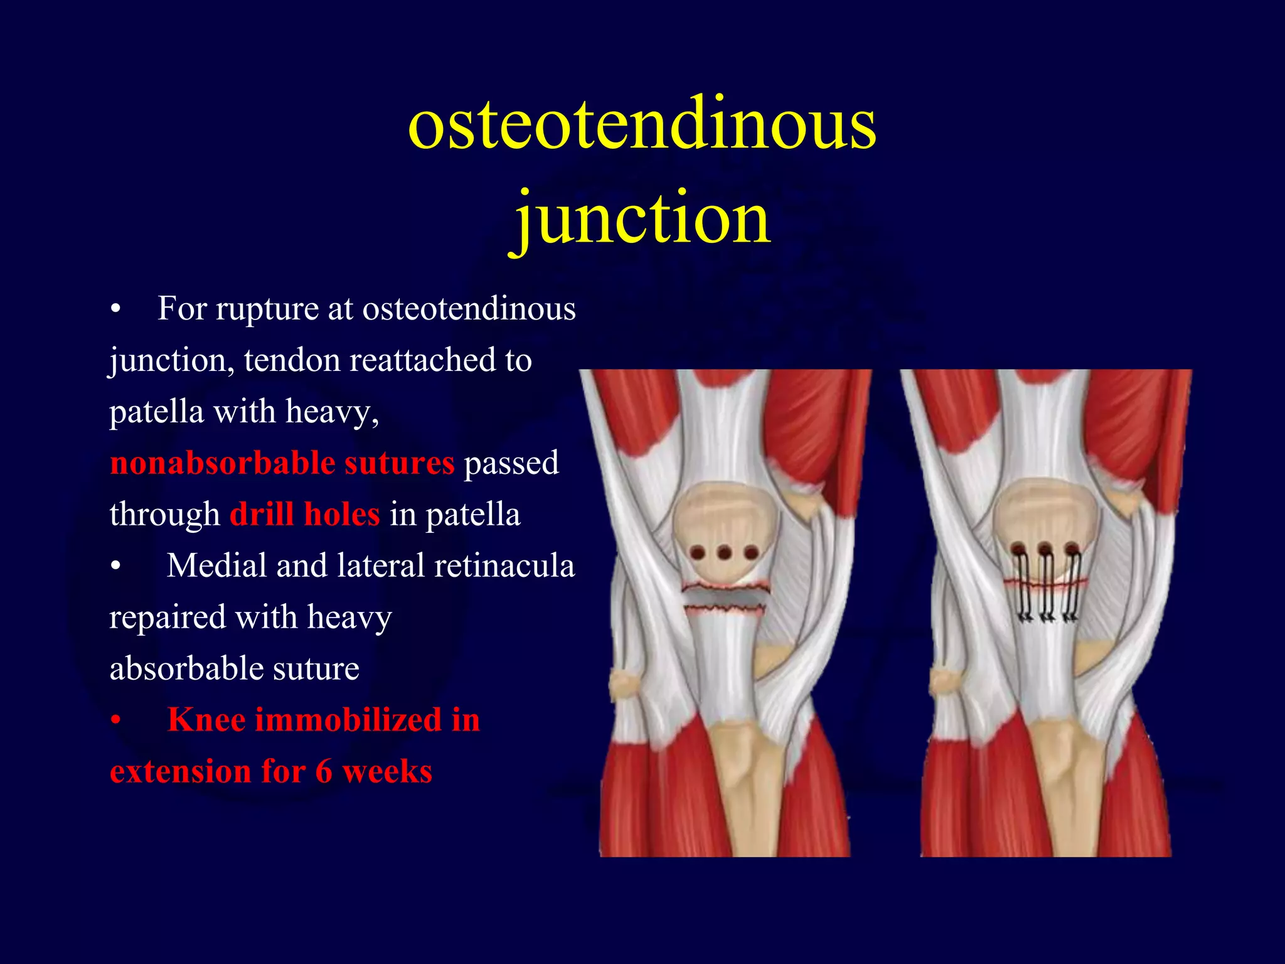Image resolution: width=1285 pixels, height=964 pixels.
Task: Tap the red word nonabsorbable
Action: click(222, 463)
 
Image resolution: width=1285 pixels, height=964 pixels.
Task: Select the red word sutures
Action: click(399, 463)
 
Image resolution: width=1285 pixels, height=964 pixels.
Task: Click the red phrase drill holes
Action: click(304, 515)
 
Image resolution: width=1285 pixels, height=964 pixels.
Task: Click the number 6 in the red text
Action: click(324, 771)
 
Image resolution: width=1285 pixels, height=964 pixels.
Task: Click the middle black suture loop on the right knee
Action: click(1046, 587)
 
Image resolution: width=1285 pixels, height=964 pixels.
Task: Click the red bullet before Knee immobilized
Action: click(115, 720)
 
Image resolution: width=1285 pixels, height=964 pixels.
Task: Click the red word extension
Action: click(180, 771)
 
